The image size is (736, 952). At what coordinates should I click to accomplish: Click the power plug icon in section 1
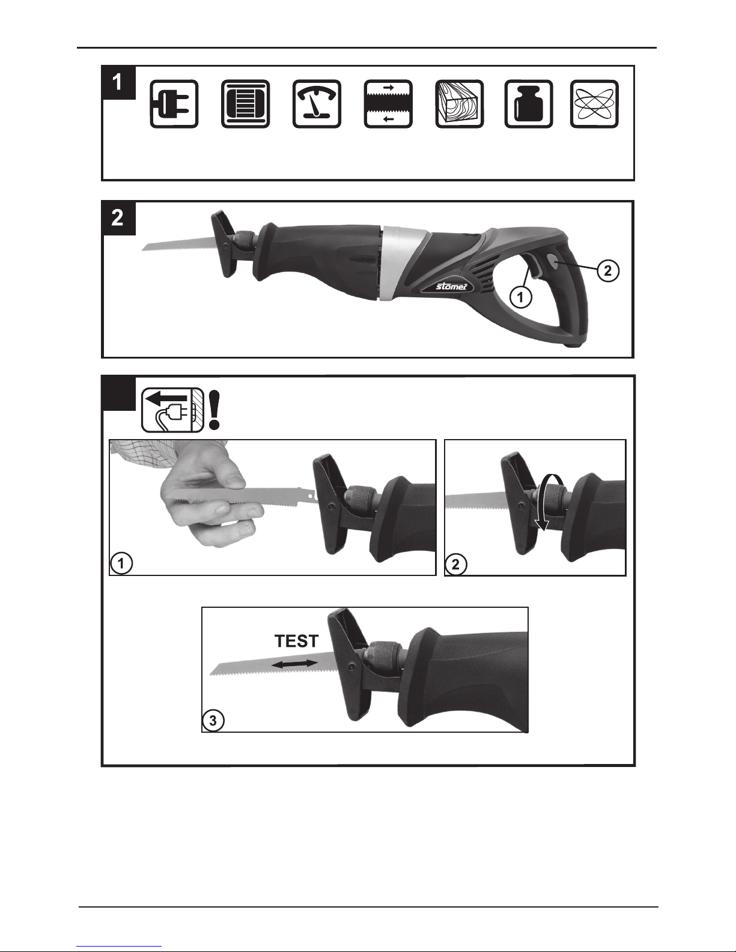[174, 104]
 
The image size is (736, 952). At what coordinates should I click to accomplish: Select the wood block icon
[459, 104]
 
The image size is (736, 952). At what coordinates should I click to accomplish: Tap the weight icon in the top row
[528, 104]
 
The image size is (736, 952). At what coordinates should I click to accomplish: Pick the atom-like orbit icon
[594, 104]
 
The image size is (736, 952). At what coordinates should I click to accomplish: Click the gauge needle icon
[317, 104]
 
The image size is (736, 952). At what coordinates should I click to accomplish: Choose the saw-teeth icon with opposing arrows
[388, 104]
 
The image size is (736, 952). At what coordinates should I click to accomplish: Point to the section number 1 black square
[118, 83]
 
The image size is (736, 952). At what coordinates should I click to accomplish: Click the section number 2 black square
[118, 218]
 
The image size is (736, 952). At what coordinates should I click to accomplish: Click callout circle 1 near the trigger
[520, 298]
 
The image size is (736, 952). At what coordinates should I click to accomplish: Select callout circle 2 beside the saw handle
[607, 271]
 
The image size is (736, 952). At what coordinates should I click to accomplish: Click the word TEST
[297, 641]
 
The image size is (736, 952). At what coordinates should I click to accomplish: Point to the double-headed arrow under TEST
[294, 664]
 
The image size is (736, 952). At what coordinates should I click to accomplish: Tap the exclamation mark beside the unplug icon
[214, 410]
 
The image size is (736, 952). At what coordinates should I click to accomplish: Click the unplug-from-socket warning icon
[172, 410]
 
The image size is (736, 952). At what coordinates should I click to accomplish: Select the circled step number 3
[213, 721]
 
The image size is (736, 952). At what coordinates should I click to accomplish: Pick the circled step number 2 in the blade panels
[455, 564]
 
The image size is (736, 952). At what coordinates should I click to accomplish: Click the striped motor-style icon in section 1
[245, 104]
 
